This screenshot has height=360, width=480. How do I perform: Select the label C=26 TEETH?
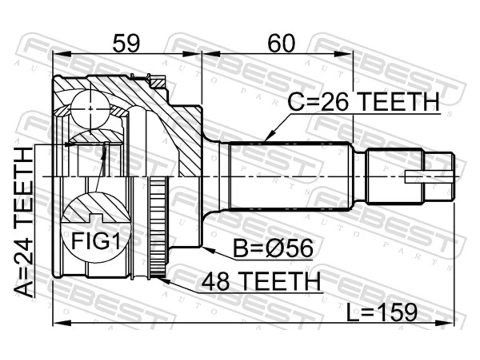pyautogui.click(x=363, y=102)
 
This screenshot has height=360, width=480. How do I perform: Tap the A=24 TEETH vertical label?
pyautogui.click(x=23, y=222)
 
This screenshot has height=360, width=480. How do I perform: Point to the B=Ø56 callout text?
pyautogui.click(x=273, y=248)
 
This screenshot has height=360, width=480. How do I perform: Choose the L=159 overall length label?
pyautogui.click(x=382, y=313)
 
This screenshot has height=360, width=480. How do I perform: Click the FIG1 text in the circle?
pyautogui.click(x=96, y=241)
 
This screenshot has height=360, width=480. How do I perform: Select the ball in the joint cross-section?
pyautogui.click(x=90, y=109)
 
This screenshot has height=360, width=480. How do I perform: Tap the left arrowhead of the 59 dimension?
pyautogui.click(x=62, y=54)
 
